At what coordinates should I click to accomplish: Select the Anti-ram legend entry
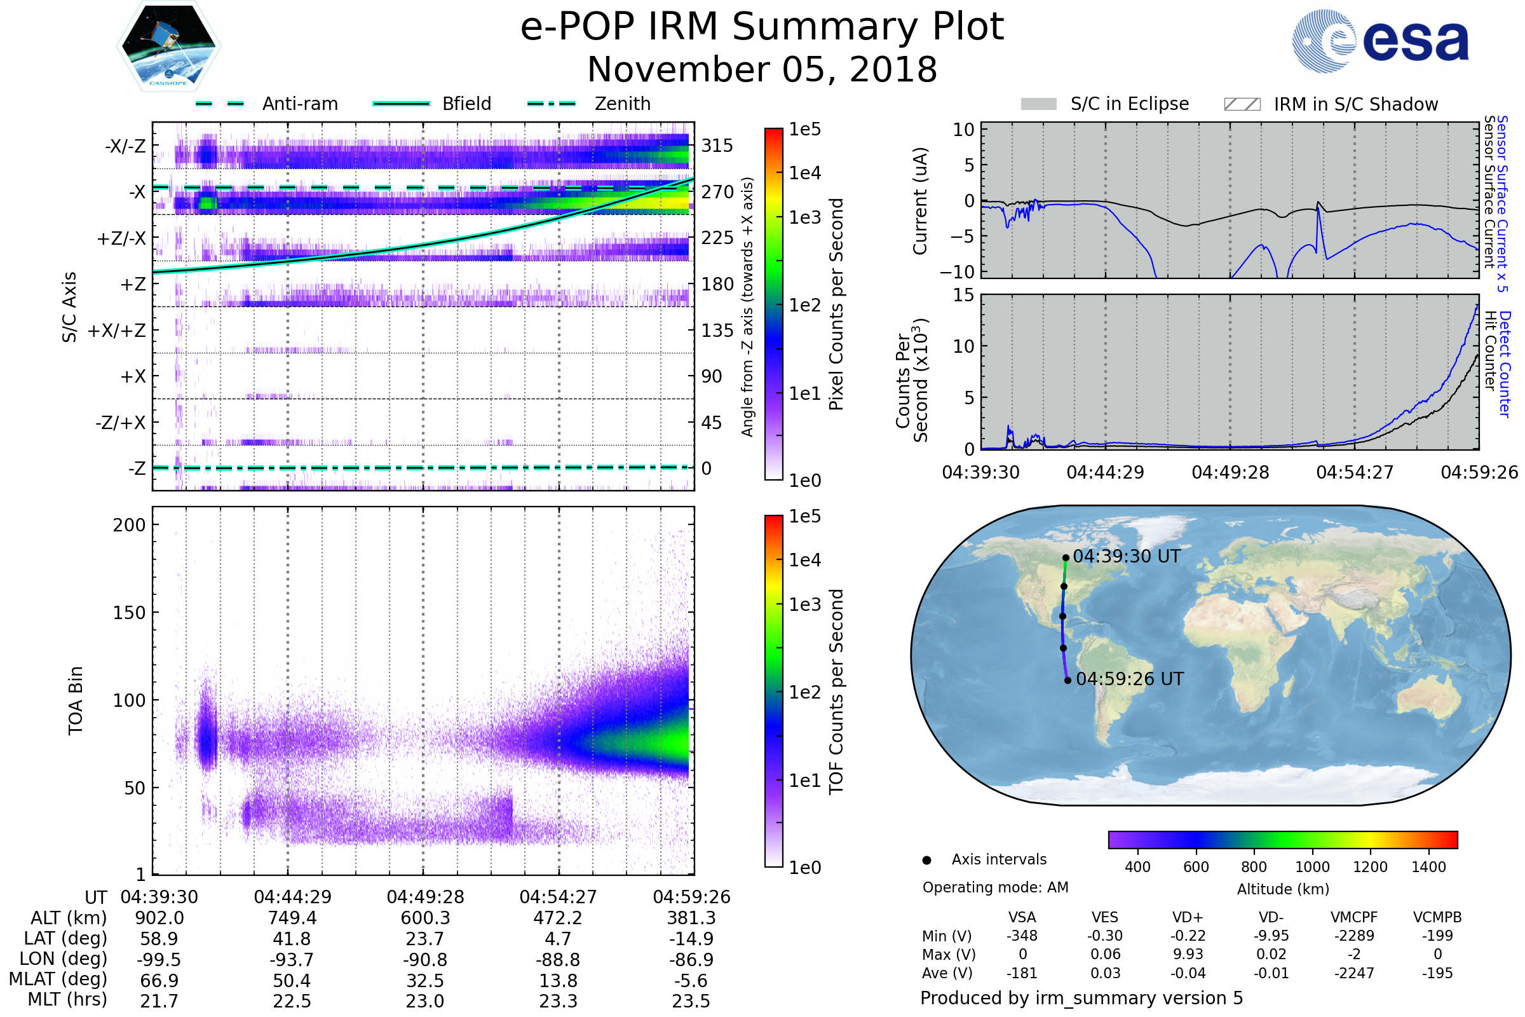click(x=299, y=104)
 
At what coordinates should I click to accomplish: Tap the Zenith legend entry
click(x=622, y=104)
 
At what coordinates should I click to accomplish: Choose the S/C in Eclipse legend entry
click(x=1129, y=104)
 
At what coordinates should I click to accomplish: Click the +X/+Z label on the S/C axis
click(x=117, y=331)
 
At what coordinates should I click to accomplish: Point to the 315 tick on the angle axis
click(x=717, y=146)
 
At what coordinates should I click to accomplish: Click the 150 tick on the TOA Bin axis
click(x=129, y=612)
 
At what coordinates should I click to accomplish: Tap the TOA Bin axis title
click(x=76, y=700)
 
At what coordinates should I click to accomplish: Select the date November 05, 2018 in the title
click(x=762, y=69)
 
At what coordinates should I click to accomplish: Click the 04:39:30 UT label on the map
click(x=1126, y=557)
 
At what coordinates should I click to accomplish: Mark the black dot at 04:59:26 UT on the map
click(x=1067, y=680)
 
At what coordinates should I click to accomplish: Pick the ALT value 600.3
click(x=424, y=918)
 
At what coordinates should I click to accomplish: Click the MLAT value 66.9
click(x=159, y=980)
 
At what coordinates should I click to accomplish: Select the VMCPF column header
click(x=1354, y=917)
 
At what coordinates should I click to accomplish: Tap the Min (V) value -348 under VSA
click(x=1022, y=936)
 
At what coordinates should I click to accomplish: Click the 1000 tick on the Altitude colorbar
click(x=1311, y=867)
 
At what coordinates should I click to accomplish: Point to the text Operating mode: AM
click(x=994, y=887)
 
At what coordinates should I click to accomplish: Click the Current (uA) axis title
click(x=919, y=201)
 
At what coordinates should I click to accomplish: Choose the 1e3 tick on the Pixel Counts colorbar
click(x=804, y=217)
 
